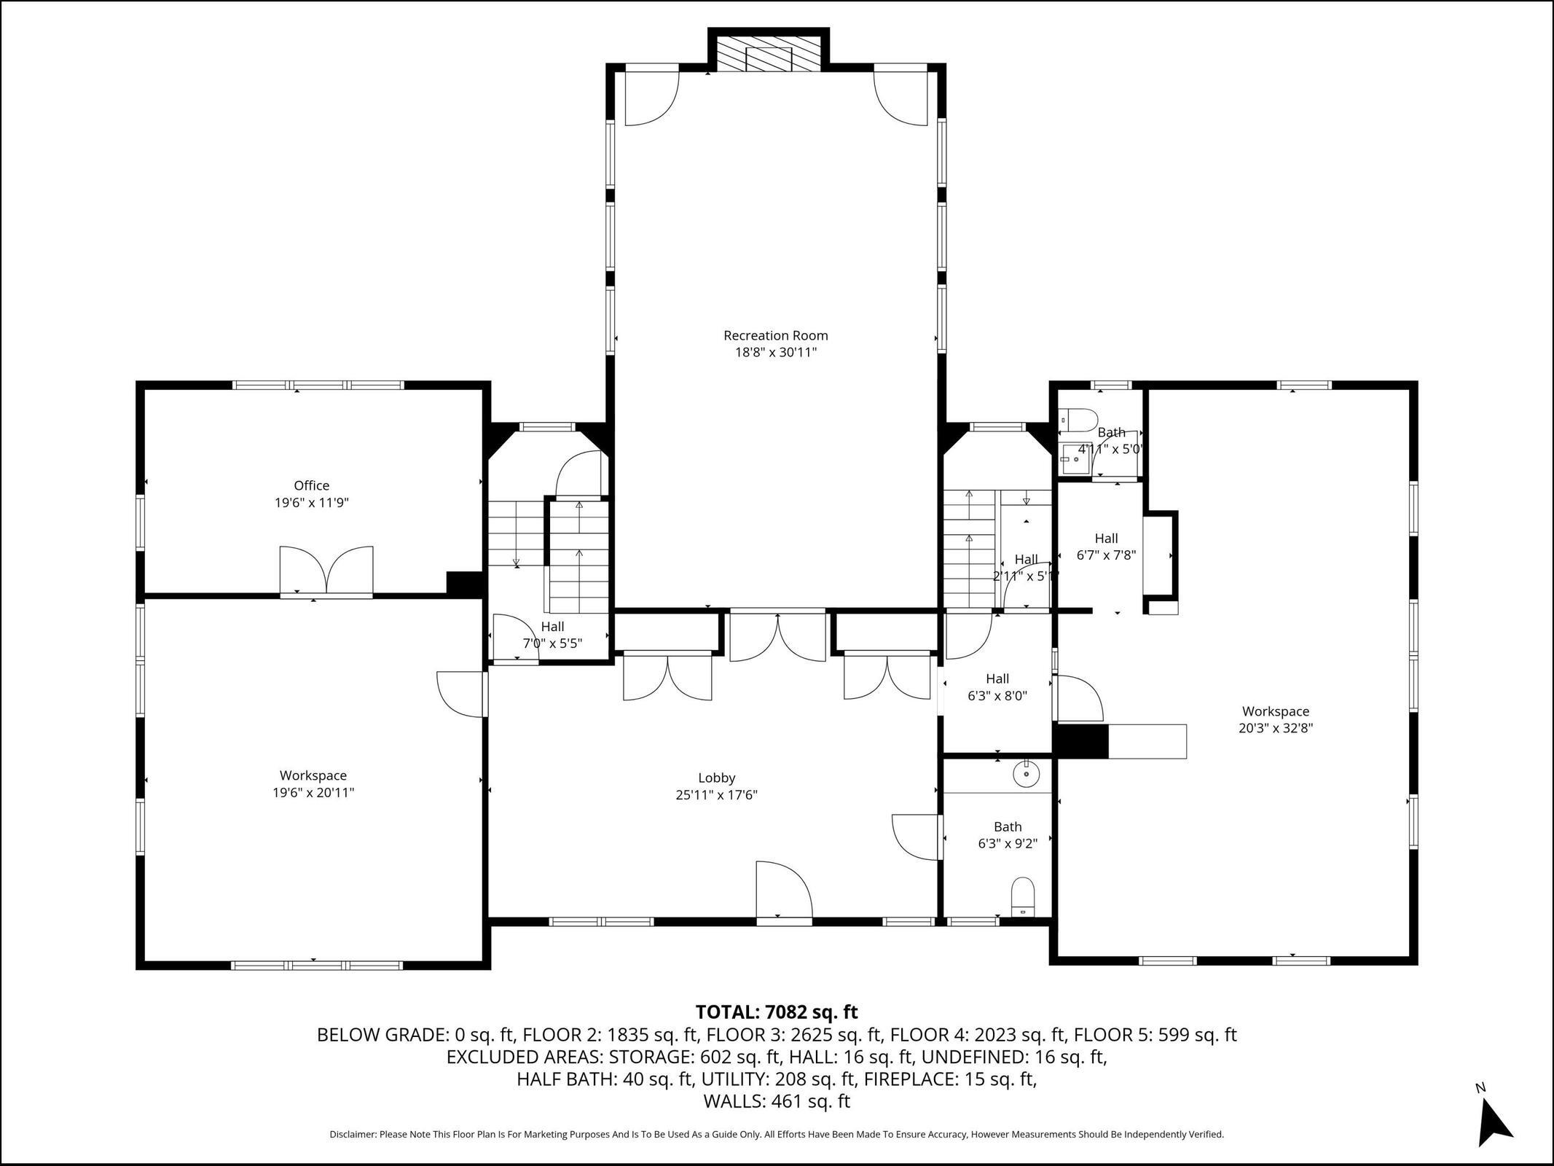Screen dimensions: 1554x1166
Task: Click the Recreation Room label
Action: coord(775,336)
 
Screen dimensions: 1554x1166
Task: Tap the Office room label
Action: coord(312,485)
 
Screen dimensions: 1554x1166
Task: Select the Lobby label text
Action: coord(716,778)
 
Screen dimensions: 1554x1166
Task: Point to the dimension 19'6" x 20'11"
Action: coord(313,793)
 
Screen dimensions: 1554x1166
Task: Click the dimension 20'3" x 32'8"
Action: coord(1276,728)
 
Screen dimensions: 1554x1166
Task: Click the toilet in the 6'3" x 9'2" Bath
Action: coord(1024,897)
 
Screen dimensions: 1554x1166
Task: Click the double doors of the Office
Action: coord(326,571)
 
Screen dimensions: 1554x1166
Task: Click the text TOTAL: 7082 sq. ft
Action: coord(777,1012)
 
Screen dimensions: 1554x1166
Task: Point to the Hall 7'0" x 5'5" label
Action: coord(552,635)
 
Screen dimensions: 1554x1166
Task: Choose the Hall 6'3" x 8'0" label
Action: coord(997,687)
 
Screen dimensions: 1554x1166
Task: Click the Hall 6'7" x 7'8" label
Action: coord(1106,547)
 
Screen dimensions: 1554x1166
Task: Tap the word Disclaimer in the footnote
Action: coord(353,1135)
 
